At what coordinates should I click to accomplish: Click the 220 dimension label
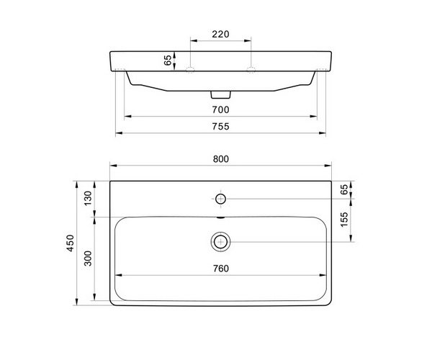click(x=220, y=34)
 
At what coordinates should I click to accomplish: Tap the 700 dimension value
click(x=221, y=109)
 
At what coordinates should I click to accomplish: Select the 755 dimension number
click(x=221, y=126)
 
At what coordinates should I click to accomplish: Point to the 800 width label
click(x=221, y=159)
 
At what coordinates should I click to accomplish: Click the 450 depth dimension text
click(x=71, y=243)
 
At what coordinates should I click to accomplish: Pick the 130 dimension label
click(x=88, y=198)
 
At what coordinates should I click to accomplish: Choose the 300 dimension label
click(x=88, y=258)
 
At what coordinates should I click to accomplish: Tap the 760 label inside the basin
click(x=221, y=269)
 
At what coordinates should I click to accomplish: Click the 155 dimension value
click(x=344, y=220)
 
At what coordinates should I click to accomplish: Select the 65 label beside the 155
click(x=344, y=189)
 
